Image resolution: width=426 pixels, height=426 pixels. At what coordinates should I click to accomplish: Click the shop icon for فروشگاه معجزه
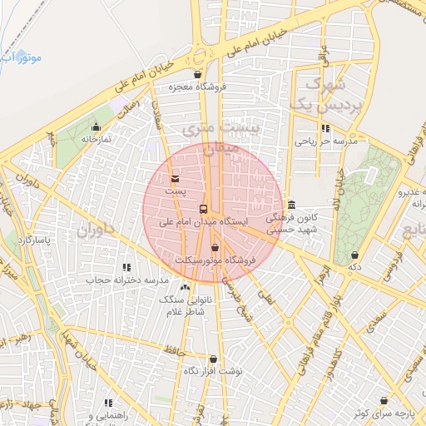pos(197,74)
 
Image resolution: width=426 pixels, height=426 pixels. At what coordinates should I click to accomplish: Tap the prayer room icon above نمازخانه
pos(96,127)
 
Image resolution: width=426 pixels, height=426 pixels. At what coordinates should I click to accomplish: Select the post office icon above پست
pos(174,178)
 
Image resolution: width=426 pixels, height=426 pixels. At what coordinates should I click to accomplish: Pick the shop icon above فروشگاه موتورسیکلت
pos(215,247)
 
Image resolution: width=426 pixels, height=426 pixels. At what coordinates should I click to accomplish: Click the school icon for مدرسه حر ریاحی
pos(325,129)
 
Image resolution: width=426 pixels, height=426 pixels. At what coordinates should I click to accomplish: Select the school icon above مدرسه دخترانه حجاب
pos(126,267)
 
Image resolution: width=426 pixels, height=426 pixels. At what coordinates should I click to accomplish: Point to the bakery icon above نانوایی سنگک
pos(185,287)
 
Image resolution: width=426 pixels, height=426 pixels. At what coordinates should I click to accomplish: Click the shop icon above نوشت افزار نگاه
pos(213,359)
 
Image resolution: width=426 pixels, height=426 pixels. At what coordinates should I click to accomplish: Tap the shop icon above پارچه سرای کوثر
pos(384,401)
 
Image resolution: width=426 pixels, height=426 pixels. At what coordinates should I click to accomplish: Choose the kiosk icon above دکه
pos(355,255)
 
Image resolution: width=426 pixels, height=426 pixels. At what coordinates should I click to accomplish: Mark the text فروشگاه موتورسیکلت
pos(215,260)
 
